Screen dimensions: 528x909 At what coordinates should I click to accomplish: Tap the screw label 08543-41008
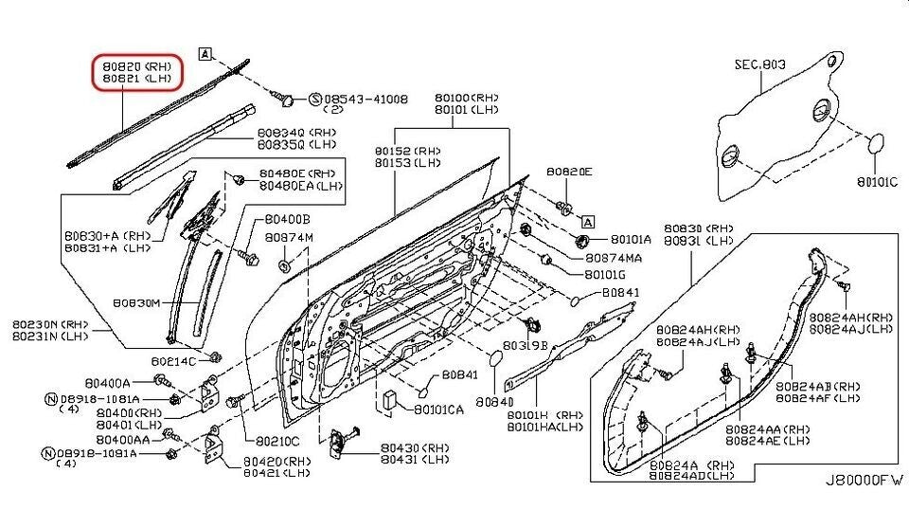366,99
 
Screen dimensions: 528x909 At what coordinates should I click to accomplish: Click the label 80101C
877,182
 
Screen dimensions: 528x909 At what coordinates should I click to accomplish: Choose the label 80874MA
615,257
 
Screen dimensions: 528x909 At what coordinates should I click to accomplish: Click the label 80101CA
438,410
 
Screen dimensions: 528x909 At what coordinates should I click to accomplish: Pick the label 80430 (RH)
417,446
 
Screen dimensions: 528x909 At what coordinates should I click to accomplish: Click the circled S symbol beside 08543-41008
316,99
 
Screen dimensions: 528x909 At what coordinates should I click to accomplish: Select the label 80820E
569,172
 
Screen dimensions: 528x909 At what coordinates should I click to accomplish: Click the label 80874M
288,237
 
